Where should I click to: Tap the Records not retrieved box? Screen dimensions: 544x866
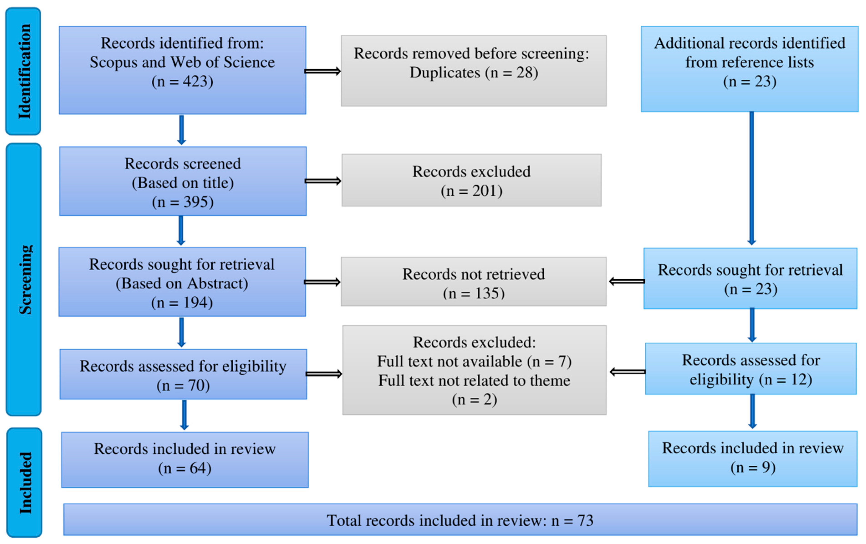[x=473, y=282]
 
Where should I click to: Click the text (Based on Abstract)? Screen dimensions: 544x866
[x=182, y=284]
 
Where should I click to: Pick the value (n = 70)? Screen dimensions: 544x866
[x=183, y=385]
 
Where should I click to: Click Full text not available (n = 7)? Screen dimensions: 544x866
[x=474, y=361]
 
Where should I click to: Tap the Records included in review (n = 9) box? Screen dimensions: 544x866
[x=752, y=459]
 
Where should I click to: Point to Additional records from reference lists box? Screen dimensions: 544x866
[x=749, y=69]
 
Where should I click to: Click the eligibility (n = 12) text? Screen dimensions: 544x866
[x=751, y=380]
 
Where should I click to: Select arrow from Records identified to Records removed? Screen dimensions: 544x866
[x=323, y=71]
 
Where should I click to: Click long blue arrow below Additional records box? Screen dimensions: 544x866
[x=751, y=178]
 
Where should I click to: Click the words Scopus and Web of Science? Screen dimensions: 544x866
[x=182, y=62]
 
